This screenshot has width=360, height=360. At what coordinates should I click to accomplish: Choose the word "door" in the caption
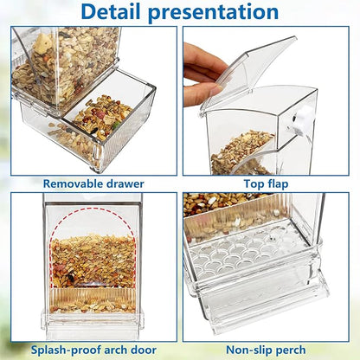(x=149, y=349)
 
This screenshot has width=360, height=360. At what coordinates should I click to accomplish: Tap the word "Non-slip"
(x=247, y=349)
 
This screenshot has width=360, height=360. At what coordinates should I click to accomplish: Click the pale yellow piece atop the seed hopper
(x=43, y=41)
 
